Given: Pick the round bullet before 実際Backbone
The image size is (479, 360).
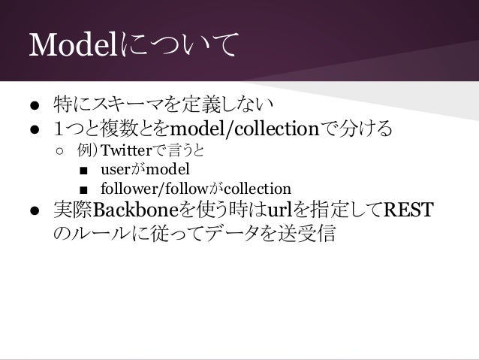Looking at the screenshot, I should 35,209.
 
